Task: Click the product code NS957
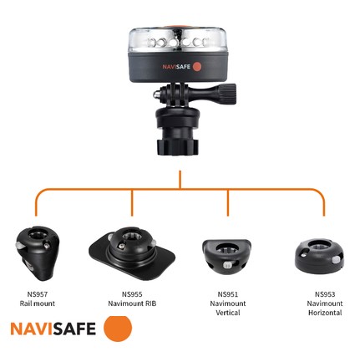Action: click(37, 294)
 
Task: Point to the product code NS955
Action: click(132, 294)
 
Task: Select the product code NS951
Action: click(228, 294)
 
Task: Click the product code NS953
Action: click(324, 294)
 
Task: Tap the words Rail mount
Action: click(37, 303)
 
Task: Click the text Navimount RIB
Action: click(132, 303)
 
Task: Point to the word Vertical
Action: click(228, 313)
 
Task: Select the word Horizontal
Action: click(324, 313)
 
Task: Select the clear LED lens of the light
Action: click(180, 41)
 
